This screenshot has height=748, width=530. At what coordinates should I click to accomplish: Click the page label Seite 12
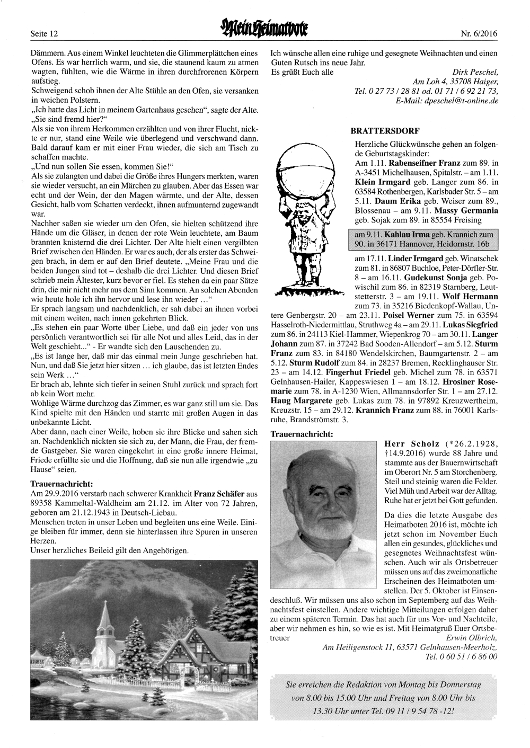click(44, 34)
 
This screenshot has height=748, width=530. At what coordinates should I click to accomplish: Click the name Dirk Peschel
click(475, 72)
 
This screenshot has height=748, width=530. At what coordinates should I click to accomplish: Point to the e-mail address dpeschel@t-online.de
click(461, 101)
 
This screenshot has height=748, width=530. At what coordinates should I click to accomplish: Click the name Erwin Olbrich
click(472, 638)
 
